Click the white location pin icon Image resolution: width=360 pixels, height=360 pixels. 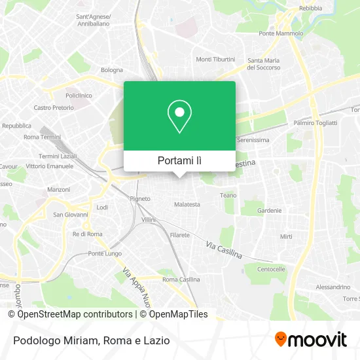click(x=179, y=116)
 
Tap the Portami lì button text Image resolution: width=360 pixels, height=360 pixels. click(x=179, y=160)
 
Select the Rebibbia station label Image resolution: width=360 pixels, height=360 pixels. click(x=310, y=9)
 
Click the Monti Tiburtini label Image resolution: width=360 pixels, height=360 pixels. click(x=215, y=59)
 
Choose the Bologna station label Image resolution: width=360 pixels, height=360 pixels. click(x=111, y=70)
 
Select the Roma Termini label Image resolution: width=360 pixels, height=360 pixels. click(x=41, y=137)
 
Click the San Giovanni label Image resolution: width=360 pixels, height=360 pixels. click(x=67, y=214)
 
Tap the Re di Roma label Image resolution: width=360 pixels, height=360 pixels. click(x=87, y=234)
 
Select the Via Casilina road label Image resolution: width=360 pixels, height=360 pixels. click(x=223, y=249)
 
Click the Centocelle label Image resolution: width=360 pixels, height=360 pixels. click(x=271, y=269)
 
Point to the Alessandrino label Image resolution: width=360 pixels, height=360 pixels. click(x=333, y=287)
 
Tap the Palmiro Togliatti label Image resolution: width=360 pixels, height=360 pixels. click(x=315, y=122)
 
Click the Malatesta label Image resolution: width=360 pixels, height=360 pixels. click(x=187, y=204)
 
